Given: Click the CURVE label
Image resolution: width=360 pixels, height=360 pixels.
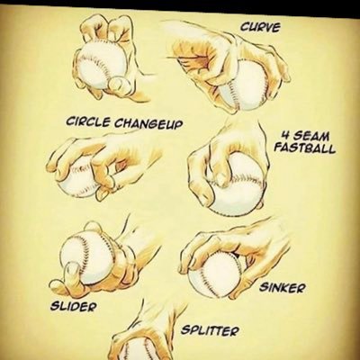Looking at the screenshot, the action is pyautogui.click(x=260, y=27).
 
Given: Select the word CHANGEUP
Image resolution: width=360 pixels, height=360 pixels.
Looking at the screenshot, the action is pyautogui.click(x=148, y=123).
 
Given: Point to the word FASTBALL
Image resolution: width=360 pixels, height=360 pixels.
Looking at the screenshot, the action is pyautogui.click(x=305, y=148).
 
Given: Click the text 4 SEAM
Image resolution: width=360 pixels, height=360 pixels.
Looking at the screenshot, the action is pyautogui.click(x=305, y=137).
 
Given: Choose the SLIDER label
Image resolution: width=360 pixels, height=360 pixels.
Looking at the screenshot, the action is pyautogui.click(x=74, y=306).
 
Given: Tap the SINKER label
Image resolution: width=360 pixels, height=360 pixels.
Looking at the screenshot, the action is pyautogui.click(x=283, y=288).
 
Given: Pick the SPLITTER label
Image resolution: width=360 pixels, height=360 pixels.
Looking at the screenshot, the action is pyautogui.click(x=211, y=331).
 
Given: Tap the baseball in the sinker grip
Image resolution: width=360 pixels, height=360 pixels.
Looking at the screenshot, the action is pyautogui.click(x=215, y=273).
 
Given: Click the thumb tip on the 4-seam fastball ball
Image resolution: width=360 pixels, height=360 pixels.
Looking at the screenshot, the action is pyautogui.click(x=221, y=179).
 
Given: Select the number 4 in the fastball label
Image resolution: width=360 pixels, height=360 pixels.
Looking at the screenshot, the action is pyautogui.click(x=284, y=137).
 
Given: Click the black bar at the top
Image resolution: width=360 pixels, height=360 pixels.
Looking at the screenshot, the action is pyautogui.click(x=180, y=4).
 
